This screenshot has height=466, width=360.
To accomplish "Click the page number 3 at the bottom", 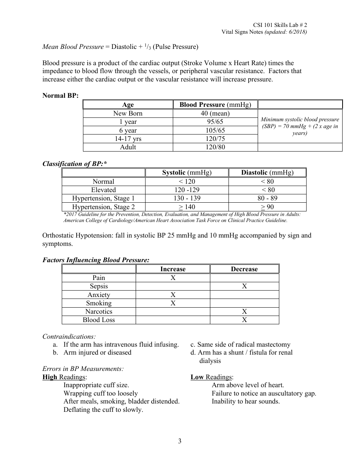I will [x=180, y=441].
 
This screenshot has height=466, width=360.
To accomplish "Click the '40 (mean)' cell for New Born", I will [x=215, y=113].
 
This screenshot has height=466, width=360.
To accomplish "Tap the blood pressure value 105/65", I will [x=215, y=130].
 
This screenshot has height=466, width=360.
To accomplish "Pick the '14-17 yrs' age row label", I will [x=128, y=139].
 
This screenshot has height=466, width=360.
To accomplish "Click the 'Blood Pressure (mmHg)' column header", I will [x=215, y=105].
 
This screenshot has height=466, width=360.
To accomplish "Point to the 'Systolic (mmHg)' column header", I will [x=187, y=173].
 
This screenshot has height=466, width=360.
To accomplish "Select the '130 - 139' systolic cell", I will [x=187, y=198].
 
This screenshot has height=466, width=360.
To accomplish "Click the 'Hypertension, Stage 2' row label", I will [x=103, y=207].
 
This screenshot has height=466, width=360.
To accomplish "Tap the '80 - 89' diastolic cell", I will [x=268, y=198].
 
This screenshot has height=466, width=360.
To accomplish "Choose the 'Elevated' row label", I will [x=103, y=190].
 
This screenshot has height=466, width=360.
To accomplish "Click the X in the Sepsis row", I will [x=244, y=286].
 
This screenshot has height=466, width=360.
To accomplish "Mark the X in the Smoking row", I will [x=173, y=303].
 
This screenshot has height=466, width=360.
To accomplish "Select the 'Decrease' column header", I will [x=244, y=269].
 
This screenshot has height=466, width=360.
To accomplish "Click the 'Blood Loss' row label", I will [x=99, y=320].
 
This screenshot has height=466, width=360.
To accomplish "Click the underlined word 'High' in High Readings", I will [x=50, y=377].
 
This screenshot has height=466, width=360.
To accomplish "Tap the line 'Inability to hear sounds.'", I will [x=246, y=402].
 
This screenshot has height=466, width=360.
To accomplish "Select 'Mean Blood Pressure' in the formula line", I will [x=73, y=47].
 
